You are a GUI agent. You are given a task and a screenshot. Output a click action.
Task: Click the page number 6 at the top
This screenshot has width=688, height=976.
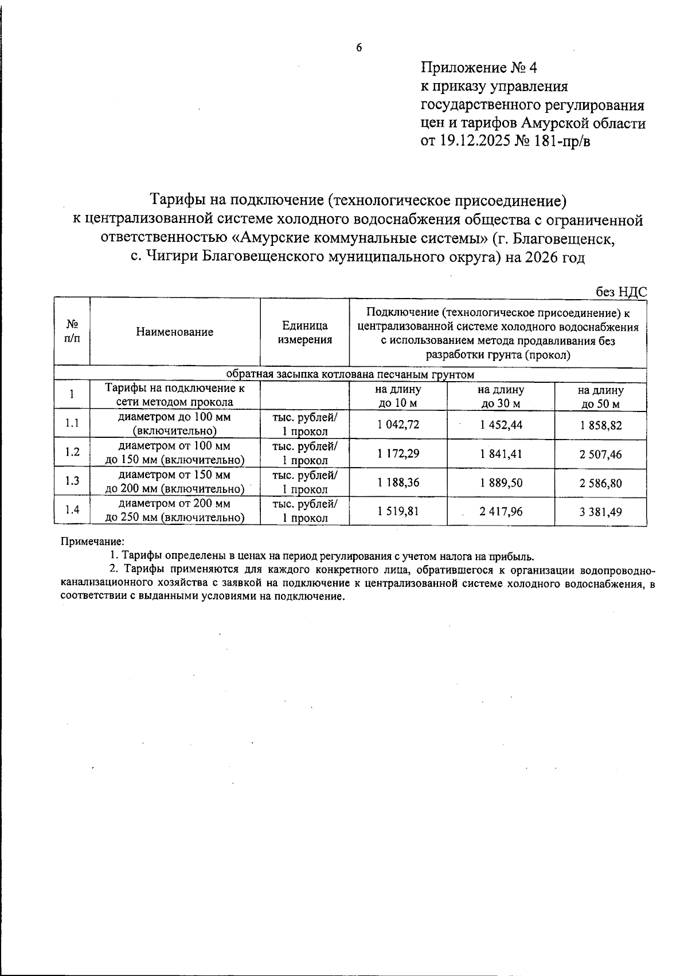pos(359,48)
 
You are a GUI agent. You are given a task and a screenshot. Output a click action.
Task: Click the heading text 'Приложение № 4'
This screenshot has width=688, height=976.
pos(479,68)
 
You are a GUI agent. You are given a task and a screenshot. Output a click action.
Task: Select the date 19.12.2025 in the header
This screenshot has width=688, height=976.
pos(475,140)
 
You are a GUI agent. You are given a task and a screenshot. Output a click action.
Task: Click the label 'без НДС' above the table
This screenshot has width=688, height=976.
pos(621,292)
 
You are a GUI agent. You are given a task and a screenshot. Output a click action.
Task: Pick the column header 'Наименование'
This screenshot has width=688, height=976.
pos(175,332)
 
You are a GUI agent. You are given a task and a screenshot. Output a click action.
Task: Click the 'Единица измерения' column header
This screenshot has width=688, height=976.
pos(305,332)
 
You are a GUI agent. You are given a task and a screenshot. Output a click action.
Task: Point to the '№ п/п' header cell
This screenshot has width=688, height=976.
pos(72,331)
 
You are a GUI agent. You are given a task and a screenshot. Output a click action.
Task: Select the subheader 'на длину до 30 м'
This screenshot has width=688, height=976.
pos(501,397)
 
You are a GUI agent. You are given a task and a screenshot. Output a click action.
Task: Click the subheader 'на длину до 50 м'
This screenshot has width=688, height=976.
pos(600,397)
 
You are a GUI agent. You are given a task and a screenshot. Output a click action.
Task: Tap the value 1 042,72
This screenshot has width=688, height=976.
pos(398,425)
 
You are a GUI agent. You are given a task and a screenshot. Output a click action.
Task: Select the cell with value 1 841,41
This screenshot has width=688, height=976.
pos(501,454)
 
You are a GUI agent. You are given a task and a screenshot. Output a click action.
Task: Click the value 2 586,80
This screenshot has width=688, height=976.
pos(600,483)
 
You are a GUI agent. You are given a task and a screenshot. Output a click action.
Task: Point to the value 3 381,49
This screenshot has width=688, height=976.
pos(600,512)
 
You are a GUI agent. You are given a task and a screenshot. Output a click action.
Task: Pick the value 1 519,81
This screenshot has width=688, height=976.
pos(398,511)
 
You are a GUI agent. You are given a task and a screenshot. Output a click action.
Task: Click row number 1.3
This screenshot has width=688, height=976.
pos(72,481)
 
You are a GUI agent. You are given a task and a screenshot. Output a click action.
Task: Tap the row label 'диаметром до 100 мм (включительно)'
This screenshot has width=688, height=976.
pos(175,424)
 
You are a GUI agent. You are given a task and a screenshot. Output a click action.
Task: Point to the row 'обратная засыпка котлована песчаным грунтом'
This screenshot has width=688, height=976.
pos(350,375)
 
